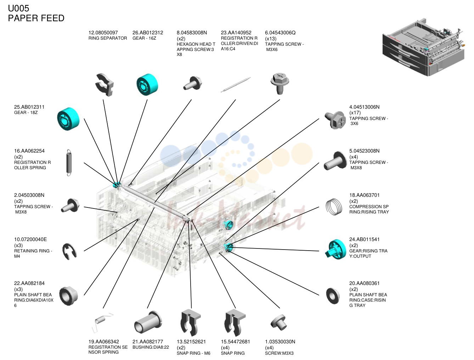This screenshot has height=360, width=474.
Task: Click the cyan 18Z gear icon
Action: pos(68,119)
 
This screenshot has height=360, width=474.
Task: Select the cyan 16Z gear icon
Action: pos(147,84)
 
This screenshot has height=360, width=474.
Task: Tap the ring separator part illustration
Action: pos(105,85)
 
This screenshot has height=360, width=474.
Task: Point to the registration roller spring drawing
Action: pos(69,162)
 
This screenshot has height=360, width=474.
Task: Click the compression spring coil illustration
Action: pos(334,207)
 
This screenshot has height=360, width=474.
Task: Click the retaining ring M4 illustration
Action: pos(69,251)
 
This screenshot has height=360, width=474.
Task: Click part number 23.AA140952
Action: pos(236,33)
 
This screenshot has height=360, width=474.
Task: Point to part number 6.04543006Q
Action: pos(280,33)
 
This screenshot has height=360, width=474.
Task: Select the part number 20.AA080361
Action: pos(364,283)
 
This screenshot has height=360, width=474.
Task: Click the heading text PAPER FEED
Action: pos(36,18)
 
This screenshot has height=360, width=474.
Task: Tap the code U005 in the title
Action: pos(18,8)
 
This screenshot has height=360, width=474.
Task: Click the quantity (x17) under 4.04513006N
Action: pos(355,113)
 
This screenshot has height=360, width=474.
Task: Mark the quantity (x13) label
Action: pos(271,39)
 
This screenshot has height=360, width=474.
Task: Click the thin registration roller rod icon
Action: pos(235,85)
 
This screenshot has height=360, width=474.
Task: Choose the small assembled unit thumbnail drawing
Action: pos(423,47)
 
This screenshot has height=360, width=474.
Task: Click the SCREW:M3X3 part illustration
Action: pos(278,322)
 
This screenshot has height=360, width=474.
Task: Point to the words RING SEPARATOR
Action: pos(108,38)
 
